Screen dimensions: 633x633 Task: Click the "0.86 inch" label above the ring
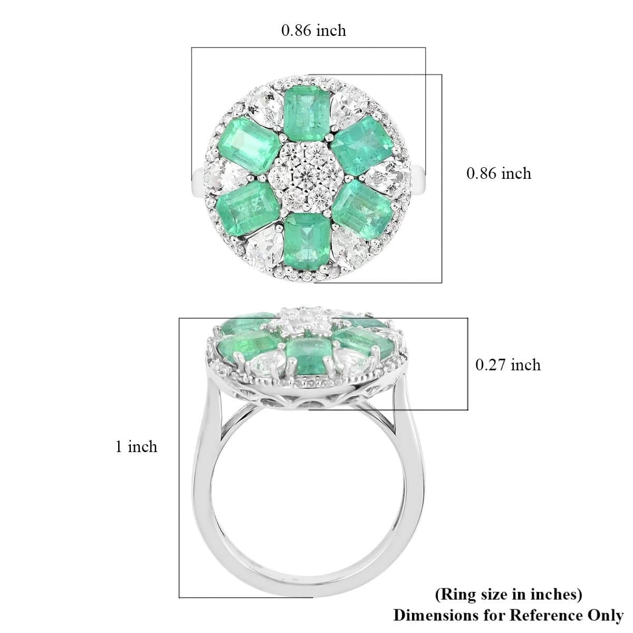click(x=313, y=31)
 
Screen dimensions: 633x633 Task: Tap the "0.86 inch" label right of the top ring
click(x=498, y=173)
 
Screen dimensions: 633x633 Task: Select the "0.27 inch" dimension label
click(x=508, y=365)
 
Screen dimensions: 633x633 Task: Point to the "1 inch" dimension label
click(x=136, y=447)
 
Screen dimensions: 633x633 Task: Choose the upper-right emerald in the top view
click(x=362, y=146)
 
